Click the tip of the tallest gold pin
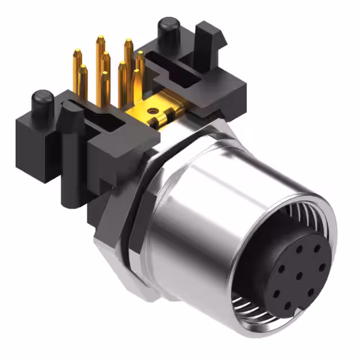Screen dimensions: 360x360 (x=100, y=39)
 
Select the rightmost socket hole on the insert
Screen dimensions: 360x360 (x=321, y=267)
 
